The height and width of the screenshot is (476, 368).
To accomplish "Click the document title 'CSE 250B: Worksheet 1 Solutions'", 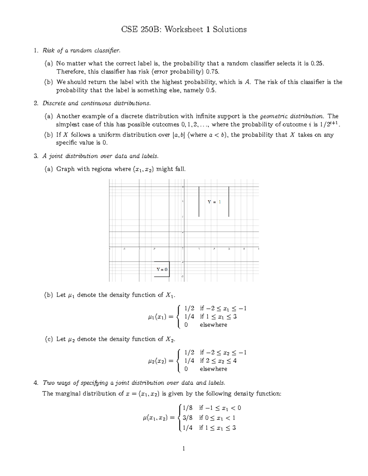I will (x=184, y=29).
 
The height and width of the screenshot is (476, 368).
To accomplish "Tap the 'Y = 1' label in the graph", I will (x=214, y=202).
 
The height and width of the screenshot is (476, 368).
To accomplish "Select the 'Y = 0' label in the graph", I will (x=162, y=269).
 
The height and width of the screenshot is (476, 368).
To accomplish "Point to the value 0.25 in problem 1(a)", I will (x=317, y=63).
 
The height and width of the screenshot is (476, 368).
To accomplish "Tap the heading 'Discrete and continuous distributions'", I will (x=97, y=103).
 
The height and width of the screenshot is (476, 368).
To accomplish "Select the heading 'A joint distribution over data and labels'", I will (x=101, y=156).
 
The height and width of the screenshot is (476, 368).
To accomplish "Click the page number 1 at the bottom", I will (x=184, y=449).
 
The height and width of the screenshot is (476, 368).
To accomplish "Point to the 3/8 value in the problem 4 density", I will (x=187, y=418).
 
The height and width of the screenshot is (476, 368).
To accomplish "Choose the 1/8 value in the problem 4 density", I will (x=187, y=408).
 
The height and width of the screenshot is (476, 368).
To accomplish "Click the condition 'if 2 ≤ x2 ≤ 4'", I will (x=218, y=361).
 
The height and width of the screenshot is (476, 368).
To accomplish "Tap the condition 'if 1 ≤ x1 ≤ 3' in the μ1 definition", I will (x=218, y=317).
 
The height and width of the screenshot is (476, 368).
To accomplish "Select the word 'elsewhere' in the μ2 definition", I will (x=213, y=369).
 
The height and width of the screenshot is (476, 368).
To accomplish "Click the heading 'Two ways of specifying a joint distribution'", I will (x=134, y=383).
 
